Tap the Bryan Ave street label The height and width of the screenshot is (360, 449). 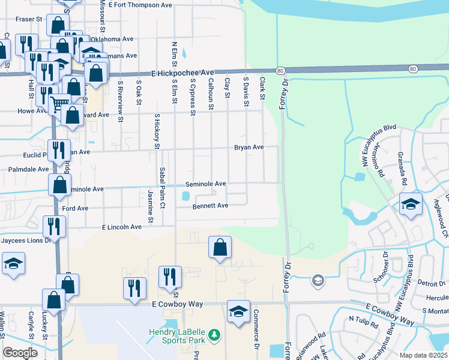(249, 147)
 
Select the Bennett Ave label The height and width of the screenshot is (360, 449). (210, 206)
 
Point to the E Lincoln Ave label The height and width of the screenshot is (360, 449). (122, 227)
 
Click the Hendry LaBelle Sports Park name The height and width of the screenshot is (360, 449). (177, 336)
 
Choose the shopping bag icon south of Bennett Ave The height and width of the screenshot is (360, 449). (220, 247)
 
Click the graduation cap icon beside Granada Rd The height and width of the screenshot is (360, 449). (411, 205)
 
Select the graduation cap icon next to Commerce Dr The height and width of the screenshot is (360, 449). (238, 311)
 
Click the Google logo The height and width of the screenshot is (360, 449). (20, 353)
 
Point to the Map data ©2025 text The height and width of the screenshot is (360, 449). (423, 355)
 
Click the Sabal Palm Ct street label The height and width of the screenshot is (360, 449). (162, 188)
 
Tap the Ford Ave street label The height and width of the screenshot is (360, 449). (76, 208)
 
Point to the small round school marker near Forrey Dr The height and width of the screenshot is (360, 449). (317, 280)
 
